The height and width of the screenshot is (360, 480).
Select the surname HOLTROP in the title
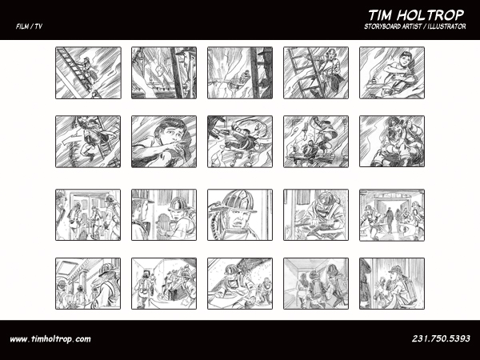(432, 15)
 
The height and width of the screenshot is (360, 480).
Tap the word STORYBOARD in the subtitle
(382, 26)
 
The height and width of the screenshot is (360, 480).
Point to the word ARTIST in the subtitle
(412, 26)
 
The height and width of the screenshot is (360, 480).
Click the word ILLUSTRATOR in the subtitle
(447, 26)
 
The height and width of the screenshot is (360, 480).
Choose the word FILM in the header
(22, 26)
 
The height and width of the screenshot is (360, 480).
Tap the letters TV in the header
(38, 26)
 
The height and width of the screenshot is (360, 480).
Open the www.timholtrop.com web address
(50, 339)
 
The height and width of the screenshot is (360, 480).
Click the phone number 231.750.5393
(441, 338)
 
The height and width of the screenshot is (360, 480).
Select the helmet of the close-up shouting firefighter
(238, 202)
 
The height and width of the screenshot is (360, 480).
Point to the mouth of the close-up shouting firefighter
(236, 225)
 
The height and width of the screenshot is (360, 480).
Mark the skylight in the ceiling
(66, 269)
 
